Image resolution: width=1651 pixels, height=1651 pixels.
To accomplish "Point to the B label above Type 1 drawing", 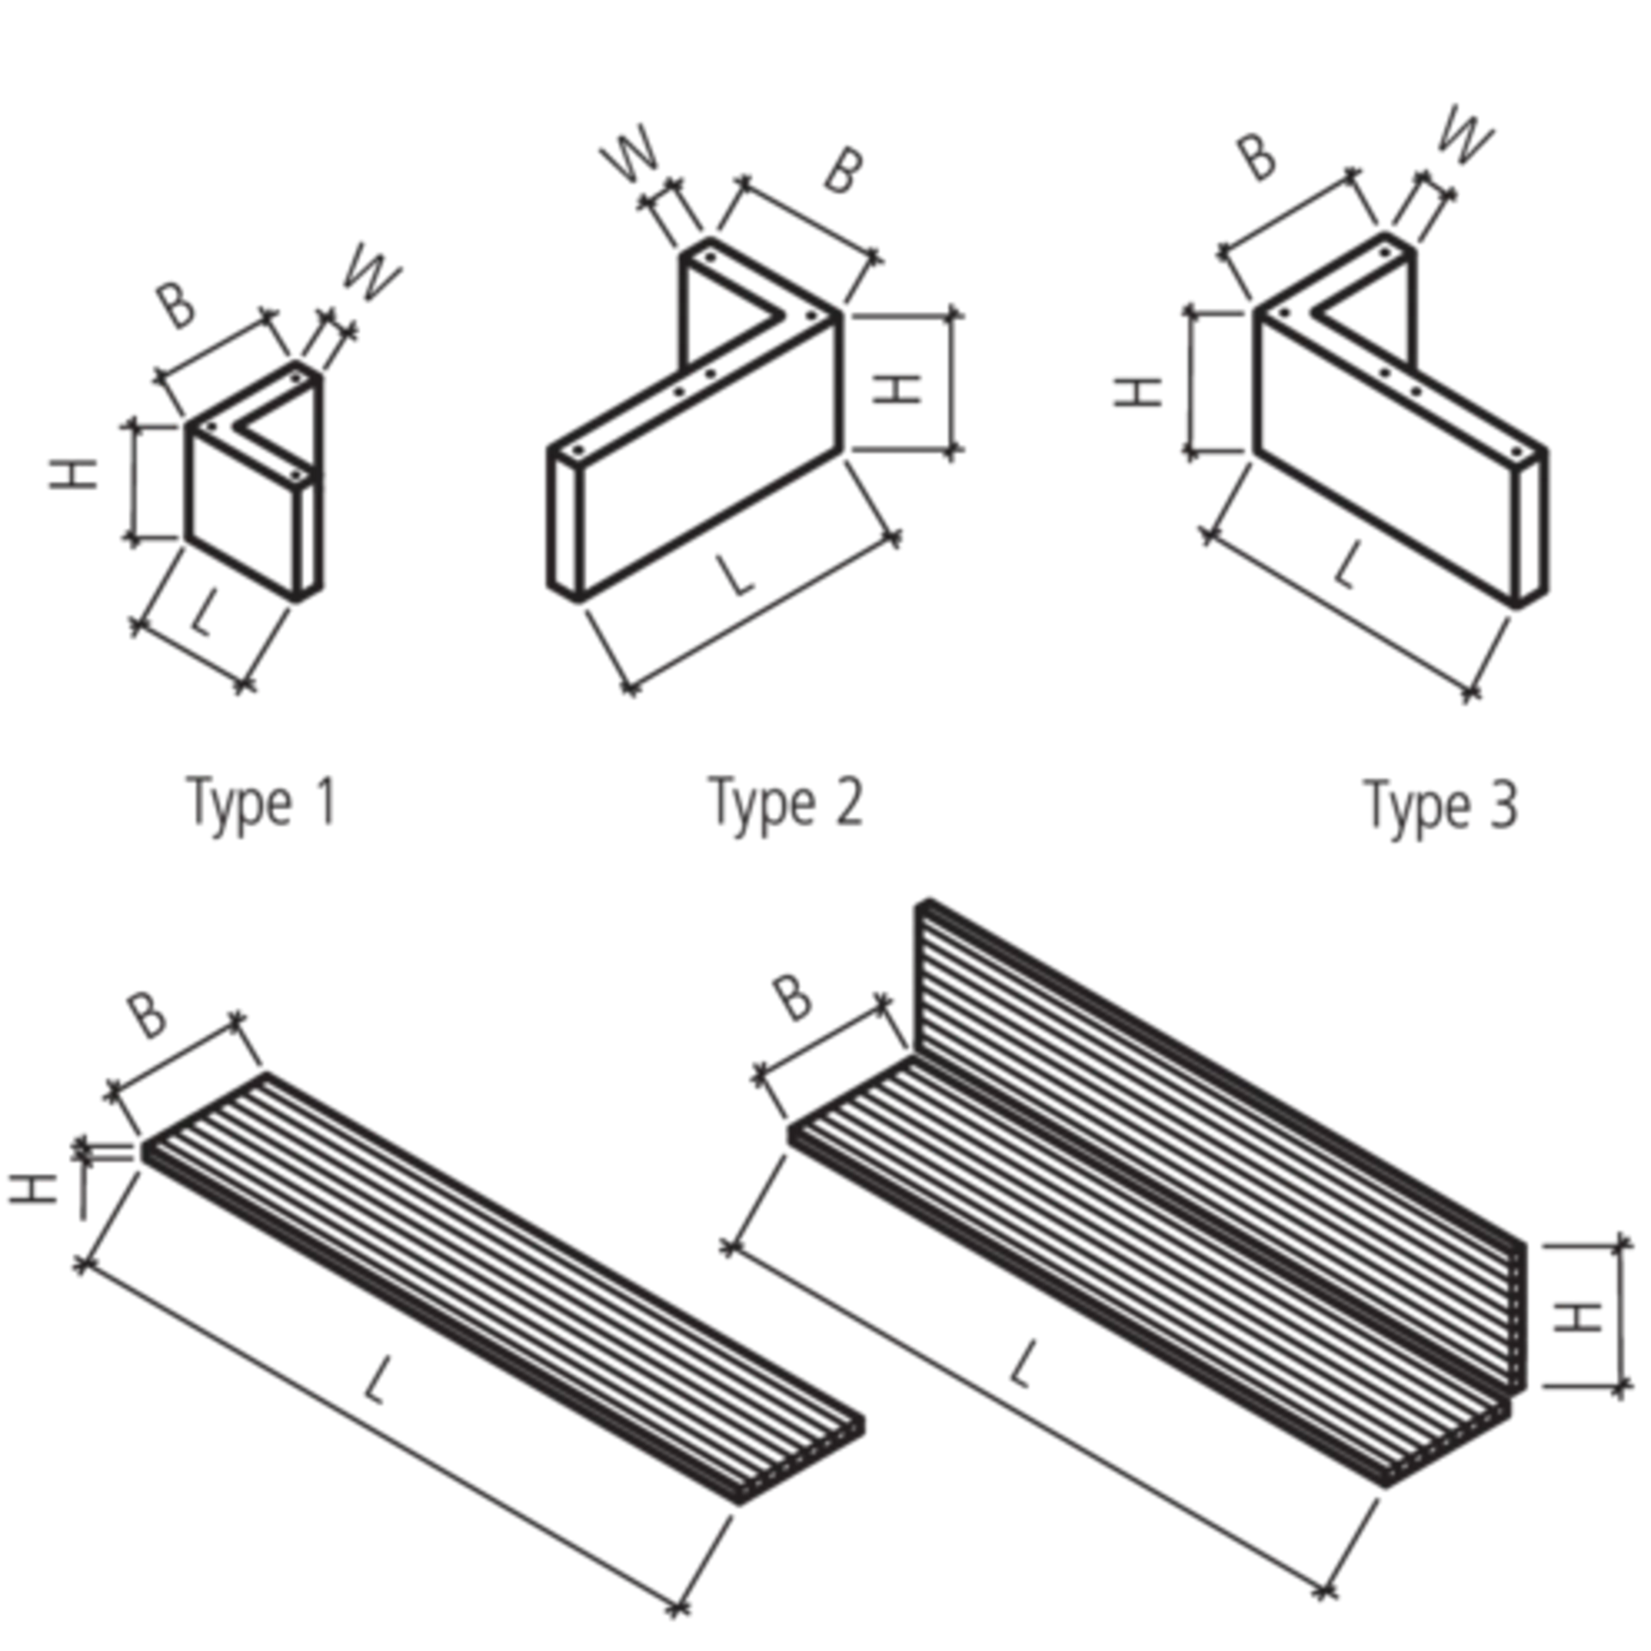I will [x=178, y=307].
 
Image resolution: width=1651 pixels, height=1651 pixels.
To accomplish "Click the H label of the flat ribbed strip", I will [x=35, y=1193].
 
